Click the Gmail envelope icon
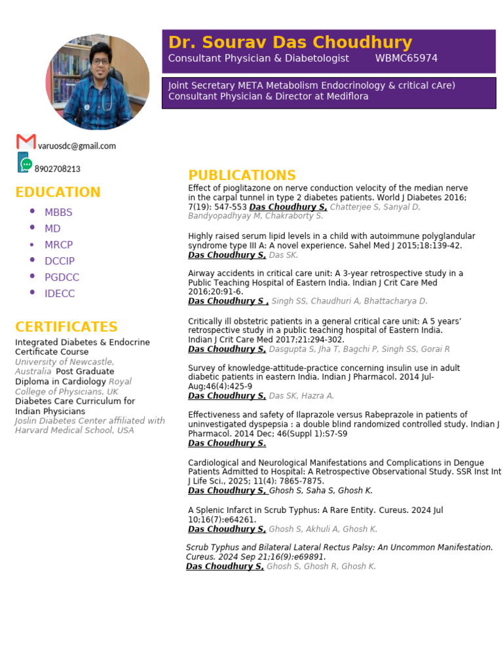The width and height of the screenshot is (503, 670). [26, 141]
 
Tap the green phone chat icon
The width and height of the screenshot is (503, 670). [24, 163]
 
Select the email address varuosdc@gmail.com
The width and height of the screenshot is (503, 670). [77, 146]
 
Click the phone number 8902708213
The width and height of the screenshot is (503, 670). [58, 169]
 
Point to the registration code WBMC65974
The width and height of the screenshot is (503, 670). [406, 59]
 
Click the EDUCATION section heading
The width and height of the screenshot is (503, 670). [58, 192]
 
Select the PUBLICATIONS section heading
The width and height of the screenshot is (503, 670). [242, 175]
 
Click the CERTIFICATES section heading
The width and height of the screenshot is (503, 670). [66, 327]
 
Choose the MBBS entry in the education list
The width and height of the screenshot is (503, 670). [58, 212]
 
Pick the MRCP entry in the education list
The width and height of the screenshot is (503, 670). [58, 245]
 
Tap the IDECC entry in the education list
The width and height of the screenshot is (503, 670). [60, 294]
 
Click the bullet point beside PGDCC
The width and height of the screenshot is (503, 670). [33, 276]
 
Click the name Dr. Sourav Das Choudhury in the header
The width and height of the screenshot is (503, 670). [290, 43]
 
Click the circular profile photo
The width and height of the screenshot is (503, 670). [98, 82]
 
